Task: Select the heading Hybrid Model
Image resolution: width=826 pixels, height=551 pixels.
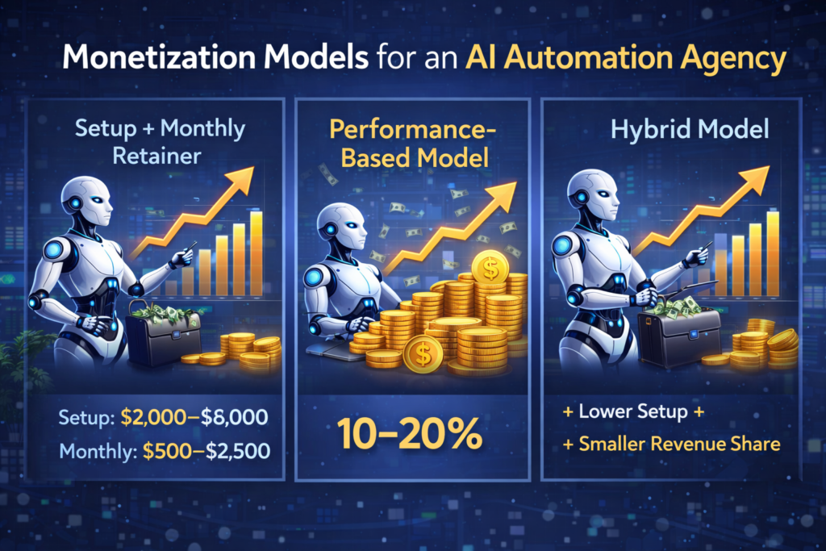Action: pyautogui.click(x=690, y=130)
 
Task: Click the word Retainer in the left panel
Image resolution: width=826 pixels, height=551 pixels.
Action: pyautogui.click(x=157, y=156)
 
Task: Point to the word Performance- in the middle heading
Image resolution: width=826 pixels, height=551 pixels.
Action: pyautogui.click(x=412, y=130)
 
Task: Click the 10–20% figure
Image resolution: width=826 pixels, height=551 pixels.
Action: pyautogui.click(x=410, y=434)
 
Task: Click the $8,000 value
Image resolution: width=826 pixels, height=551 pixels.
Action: pyautogui.click(x=235, y=417)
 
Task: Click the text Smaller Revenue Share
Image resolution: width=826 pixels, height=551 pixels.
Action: pyautogui.click(x=679, y=444)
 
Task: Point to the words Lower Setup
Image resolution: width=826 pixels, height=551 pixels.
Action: pyautogui.click(x=633, y=411)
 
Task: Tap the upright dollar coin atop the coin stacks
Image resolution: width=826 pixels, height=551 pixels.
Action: pyautogui.click(x=490, y=267)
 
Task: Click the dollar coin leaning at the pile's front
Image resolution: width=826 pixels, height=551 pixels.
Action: pyautogui.click(x=423, y=354)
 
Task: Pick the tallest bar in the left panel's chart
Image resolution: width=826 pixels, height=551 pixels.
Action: pyautogui.click(x=257, y=253)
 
